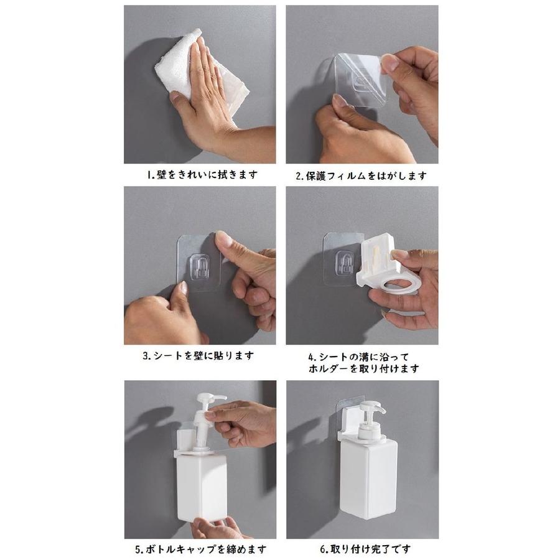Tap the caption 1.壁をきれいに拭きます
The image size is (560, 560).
click(x=202, y=175)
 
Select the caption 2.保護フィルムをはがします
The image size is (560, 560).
click(x=361, y=175)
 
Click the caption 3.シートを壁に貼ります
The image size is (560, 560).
click(x=198, y=355)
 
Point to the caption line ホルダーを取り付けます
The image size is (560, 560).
click(x=363, y=368)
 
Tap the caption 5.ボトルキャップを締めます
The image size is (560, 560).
click(x=201, y=549)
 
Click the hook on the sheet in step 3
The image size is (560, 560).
click(x=200, y=267)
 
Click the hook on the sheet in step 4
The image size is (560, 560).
click(x=345, y=263)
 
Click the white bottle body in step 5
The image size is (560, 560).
click(x=202, y=487)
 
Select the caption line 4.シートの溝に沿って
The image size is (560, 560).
click(x=358, y=357)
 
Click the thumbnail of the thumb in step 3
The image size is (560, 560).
click(x=222, y=237)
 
